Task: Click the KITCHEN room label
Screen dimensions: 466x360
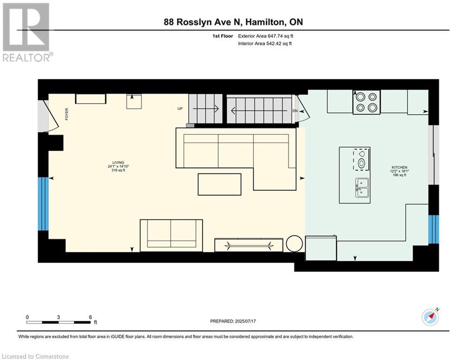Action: pos(399,167)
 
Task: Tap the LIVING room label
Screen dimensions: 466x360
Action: pos(118,163)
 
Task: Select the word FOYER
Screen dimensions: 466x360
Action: pos(67,114)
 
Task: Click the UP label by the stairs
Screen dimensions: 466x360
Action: pos(180,109)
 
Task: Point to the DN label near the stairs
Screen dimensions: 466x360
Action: pos(295,111)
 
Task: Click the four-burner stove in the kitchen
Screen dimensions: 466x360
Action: pos(366,102)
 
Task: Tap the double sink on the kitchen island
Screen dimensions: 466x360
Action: pos(362,188)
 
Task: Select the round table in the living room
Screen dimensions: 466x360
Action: pos(294,244)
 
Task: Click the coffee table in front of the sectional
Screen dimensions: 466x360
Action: pos(219,185)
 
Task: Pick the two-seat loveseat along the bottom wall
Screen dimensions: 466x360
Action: pos(171,236)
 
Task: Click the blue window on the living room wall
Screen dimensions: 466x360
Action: pos(43,204)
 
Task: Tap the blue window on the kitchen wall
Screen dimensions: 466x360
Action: pos(433,229)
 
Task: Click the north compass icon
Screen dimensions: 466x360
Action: pos(430,317)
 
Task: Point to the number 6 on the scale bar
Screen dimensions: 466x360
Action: pos(90,317)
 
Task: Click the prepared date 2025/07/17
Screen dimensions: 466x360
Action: pos(245,321)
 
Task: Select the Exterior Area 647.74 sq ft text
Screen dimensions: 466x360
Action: pos(266,36)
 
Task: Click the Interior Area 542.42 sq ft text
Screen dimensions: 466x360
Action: pos(265,44)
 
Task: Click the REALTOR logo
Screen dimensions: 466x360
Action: pos(27,32)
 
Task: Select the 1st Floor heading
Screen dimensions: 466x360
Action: pos(222,36)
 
